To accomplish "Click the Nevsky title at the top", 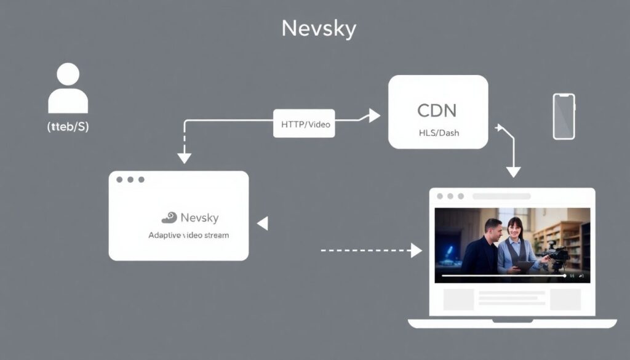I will click(319, 28).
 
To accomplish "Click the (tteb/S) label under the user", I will click(68, 127).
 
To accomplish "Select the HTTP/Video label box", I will click(305, 124).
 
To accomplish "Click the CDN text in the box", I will click(437, 111).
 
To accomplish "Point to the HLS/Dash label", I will click(437, 133).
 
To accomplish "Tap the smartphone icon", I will click(564, 116).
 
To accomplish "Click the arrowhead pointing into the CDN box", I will click(374, 116).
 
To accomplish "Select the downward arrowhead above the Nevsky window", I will click(184, 158).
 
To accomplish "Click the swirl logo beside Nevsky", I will click(169, 218).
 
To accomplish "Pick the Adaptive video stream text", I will click(188, 235).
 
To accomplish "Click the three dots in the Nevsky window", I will click(130, 180).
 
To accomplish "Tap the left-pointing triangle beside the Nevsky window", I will click(263, 223).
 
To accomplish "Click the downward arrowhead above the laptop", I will click(513, 172).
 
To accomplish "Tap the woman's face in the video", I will click(515, 227).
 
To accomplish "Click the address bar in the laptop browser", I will click(501, 196).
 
